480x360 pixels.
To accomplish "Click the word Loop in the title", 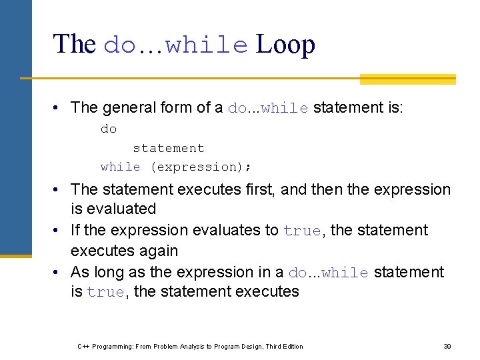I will pyautogui.click(x=285, y=45).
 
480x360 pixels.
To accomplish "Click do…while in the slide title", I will pyautogui.click(x=176, y=45).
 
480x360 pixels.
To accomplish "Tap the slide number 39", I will pyautogui.click(x=447, y=347).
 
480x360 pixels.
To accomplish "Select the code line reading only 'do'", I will pyautogui.click(x=109, y=129).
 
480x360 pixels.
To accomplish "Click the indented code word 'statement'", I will pyautogui.click(x=169, y=148).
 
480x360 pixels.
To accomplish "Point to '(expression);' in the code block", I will pyautogui.click(x=201, y=167).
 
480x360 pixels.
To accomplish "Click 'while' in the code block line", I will pyautogui.click(x=121, y=167).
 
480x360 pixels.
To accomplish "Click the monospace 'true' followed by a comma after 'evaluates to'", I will pyautogui.click(x=302, y=231).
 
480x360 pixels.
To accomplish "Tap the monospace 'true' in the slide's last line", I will pyautogui.click(x=105, y=293).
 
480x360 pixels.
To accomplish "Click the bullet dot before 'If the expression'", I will pyautogui.click(x=59, y=231).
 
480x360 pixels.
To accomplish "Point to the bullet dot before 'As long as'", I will pyautogui.click(x=59, y=272).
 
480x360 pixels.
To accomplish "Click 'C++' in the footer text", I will pyautogui.click(x=84, y=347).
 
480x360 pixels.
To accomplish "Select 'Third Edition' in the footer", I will pyautogui.click(x=284, y=347).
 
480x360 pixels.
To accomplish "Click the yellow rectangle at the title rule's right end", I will pyautogui.click(x=407, y=79).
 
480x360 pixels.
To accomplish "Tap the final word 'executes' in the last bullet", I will pyautogui.click(x=267, y=291).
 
